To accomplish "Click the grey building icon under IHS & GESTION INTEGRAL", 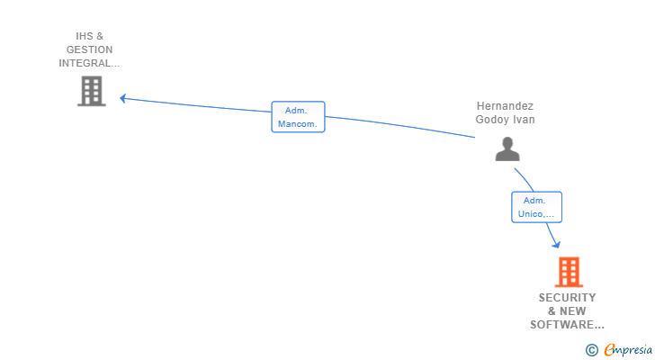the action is (91, 91).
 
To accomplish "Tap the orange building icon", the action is (568, 272).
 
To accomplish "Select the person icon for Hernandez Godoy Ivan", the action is (507, 149).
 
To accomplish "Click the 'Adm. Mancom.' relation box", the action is (298, 117).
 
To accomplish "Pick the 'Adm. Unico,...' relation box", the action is (536, 207).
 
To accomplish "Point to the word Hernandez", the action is (505, 105).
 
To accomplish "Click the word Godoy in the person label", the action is (492, 119).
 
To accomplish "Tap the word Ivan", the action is (524, 119).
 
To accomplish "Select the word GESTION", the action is (89, 49).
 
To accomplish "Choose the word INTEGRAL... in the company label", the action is (89, 63).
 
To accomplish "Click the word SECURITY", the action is (567, 298).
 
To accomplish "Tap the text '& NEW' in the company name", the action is (567, 311).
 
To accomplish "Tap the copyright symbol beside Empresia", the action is (592, 350).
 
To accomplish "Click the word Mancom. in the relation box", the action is (298, 124).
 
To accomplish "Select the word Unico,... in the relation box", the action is (537, 214).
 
